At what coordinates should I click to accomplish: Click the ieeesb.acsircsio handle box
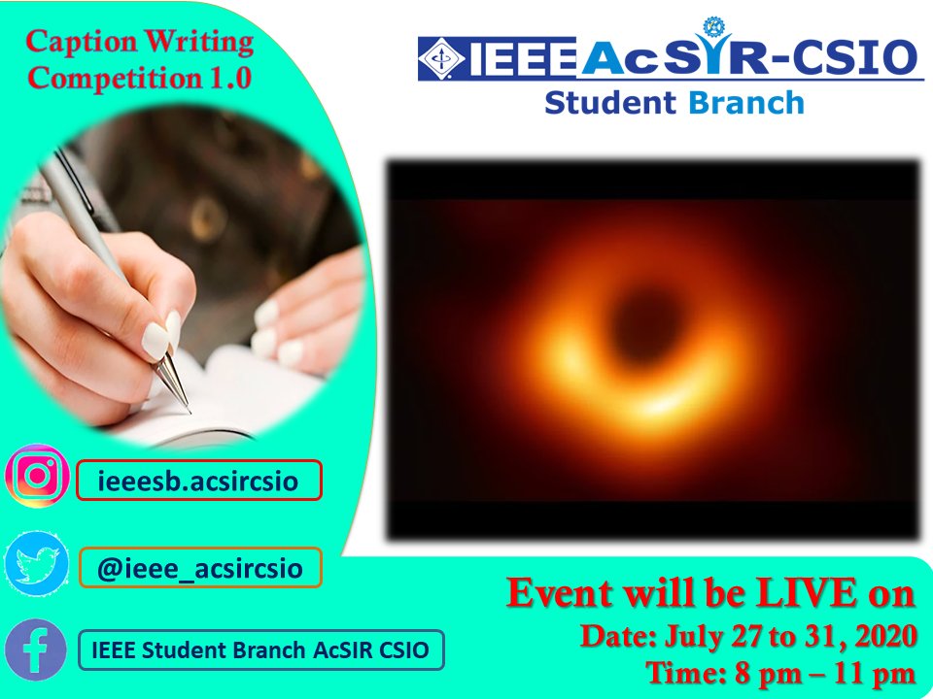(x=198, y=480)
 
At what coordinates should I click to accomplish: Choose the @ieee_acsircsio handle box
(x=199, y=567)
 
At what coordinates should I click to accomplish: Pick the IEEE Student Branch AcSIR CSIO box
(x=260, y=650)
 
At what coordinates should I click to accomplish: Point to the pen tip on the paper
(x=187, y=408)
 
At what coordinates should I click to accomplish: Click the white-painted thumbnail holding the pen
(x=155, y=340)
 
